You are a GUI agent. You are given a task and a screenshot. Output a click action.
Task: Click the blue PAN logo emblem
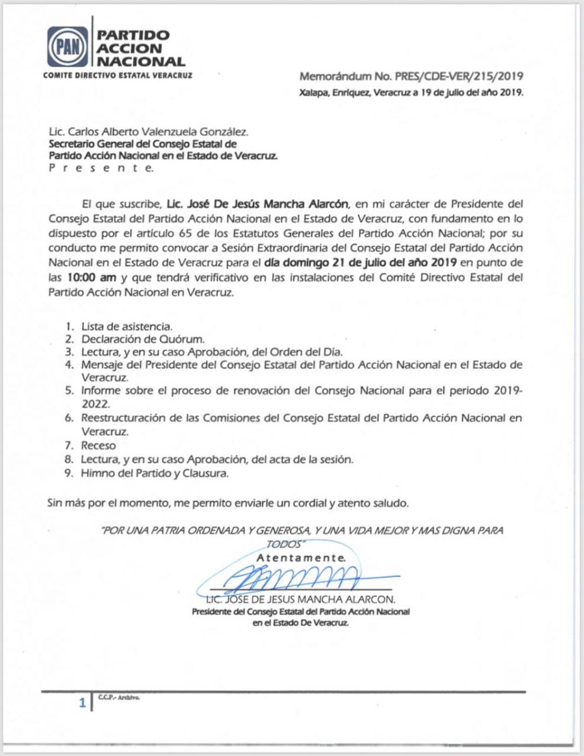(x=67, y=47)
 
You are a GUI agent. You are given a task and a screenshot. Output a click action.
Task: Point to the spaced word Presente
(x=101, y=168)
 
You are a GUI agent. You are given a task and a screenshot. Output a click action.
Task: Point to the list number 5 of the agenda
(x=69, y=391)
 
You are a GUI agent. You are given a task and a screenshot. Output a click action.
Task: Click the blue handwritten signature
(x=296, y=575)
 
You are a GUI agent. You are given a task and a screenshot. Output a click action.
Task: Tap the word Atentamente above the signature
(x=301, y=558)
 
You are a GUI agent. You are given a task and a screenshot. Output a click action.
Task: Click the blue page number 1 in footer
(x=81, y=703)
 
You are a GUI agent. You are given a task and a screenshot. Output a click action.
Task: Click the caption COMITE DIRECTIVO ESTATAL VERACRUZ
(x=117, y=75)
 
